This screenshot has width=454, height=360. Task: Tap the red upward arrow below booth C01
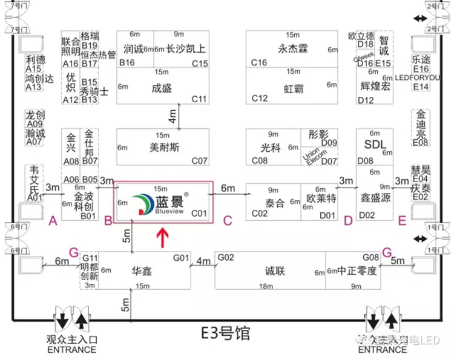(x=163, y=237)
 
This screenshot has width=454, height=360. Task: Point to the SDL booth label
(x=375, y=144)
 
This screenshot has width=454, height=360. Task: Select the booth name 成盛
(x=162, y=88)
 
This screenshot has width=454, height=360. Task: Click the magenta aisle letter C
(x=227, y=221)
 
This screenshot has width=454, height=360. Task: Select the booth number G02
(x=226, y=258)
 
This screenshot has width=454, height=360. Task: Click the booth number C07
(x=199, y=161)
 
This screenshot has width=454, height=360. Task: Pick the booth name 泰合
(x=275, y=203)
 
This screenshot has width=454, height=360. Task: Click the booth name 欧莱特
(x=321, y=199)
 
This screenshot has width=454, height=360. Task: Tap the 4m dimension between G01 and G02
(x=202, y=261)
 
